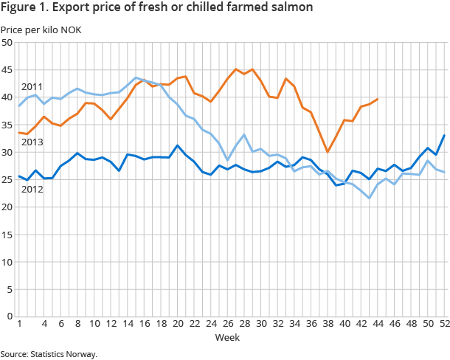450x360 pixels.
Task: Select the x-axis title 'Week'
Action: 226,337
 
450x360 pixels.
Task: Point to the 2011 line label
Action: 32,87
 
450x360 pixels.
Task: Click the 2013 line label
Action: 32,142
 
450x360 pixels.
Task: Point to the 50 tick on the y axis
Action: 7,43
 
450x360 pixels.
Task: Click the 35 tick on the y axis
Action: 7,125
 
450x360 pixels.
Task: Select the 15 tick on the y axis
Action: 7,235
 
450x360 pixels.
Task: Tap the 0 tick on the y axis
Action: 9,316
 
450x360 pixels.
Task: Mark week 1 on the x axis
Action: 18,324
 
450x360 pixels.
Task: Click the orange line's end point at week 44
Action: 378,99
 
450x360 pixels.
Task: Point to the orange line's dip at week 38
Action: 328,152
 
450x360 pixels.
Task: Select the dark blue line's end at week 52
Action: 444,135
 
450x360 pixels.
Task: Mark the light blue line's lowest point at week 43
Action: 369,198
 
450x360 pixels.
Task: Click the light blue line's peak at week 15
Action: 136,77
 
